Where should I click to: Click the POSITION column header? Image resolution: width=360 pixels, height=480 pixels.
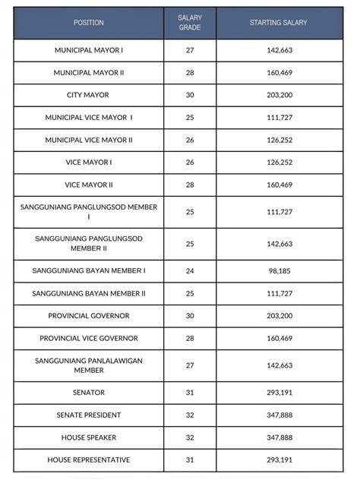coord(89,23)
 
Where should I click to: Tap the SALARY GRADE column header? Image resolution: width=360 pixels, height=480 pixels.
coord(190,23)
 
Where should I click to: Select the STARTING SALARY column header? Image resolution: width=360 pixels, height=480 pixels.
coord(278,23)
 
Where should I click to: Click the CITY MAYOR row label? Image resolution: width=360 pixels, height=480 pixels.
coord(89,95)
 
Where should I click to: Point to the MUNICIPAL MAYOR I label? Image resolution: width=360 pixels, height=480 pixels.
coord(89,50)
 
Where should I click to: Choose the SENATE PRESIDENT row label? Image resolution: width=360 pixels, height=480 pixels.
coord(89,415)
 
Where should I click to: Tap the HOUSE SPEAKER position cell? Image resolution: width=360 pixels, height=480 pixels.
coord(89,438)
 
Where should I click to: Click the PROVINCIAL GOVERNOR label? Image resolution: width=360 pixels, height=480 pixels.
coord(89,315)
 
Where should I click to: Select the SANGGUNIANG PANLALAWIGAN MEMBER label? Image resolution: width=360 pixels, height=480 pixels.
coord(89,365)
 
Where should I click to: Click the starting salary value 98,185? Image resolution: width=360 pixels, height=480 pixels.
coord(278,270)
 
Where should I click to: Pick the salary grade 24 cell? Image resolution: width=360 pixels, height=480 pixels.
coord(190,270)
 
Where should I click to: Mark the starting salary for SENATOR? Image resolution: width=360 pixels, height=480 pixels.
coord(278,393)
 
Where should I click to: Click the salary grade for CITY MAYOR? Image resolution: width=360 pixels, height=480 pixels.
coord(190,95)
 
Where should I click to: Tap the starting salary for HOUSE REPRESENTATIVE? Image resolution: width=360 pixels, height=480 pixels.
coord(278,460)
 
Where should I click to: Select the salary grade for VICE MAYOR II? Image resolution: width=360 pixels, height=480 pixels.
coord(190,185)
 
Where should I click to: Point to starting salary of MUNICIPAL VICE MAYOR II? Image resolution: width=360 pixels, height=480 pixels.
coord(278,140)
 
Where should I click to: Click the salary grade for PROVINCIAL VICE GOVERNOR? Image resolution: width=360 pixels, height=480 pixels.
coord(190,338)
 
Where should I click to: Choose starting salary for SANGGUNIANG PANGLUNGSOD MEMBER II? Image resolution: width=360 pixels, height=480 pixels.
coord(278,244)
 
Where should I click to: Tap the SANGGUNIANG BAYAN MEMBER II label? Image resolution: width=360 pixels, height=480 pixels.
coord(89,293)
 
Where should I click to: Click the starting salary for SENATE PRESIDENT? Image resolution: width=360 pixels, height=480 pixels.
coord(278,415)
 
